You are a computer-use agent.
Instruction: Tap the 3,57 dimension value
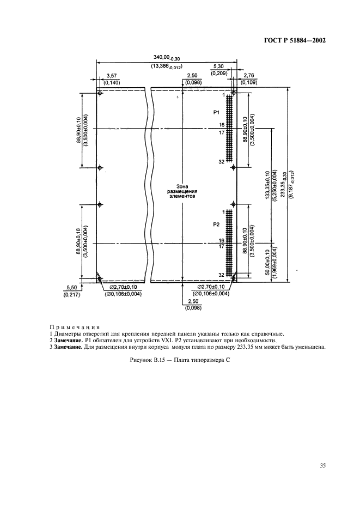[111, 75]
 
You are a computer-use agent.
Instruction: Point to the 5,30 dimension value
[219, 65]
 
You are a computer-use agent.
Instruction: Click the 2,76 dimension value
[250, 75]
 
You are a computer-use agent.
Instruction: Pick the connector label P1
[216, 112]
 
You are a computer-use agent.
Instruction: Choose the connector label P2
[216, 224]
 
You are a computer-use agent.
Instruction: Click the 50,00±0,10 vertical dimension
[267, 264]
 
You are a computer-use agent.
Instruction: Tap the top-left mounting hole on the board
[100, 94]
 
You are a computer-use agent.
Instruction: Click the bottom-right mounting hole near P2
[233, 278]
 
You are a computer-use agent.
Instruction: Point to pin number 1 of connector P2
[223, 211]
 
